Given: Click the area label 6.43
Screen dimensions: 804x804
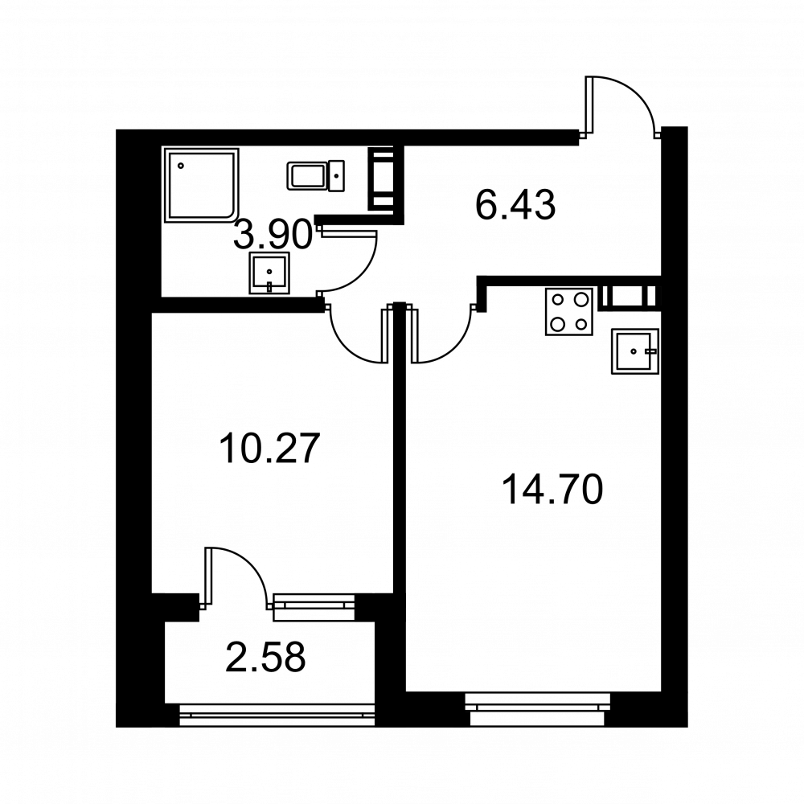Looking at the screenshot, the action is point(515,204).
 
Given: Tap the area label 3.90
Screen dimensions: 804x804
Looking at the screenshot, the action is point(273,234).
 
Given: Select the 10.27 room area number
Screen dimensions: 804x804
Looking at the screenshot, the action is point(269,448).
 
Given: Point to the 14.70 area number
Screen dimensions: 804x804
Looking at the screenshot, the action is point(553,489).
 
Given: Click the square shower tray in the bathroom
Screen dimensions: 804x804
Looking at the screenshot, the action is point(202,185).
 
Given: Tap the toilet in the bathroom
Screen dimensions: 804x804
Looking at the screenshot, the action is point(315,176).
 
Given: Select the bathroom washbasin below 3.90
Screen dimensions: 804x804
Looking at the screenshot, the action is point(269,273).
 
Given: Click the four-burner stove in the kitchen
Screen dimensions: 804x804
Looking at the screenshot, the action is point(569,312).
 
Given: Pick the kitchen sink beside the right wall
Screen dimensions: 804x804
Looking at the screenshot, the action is point(635,351).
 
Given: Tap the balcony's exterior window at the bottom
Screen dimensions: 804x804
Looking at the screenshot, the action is point(277,715).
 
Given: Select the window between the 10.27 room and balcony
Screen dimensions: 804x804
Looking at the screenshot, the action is point(314,607).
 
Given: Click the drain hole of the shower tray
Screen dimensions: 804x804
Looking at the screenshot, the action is point(180,166).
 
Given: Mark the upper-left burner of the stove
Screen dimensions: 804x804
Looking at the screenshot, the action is point(558,299).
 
